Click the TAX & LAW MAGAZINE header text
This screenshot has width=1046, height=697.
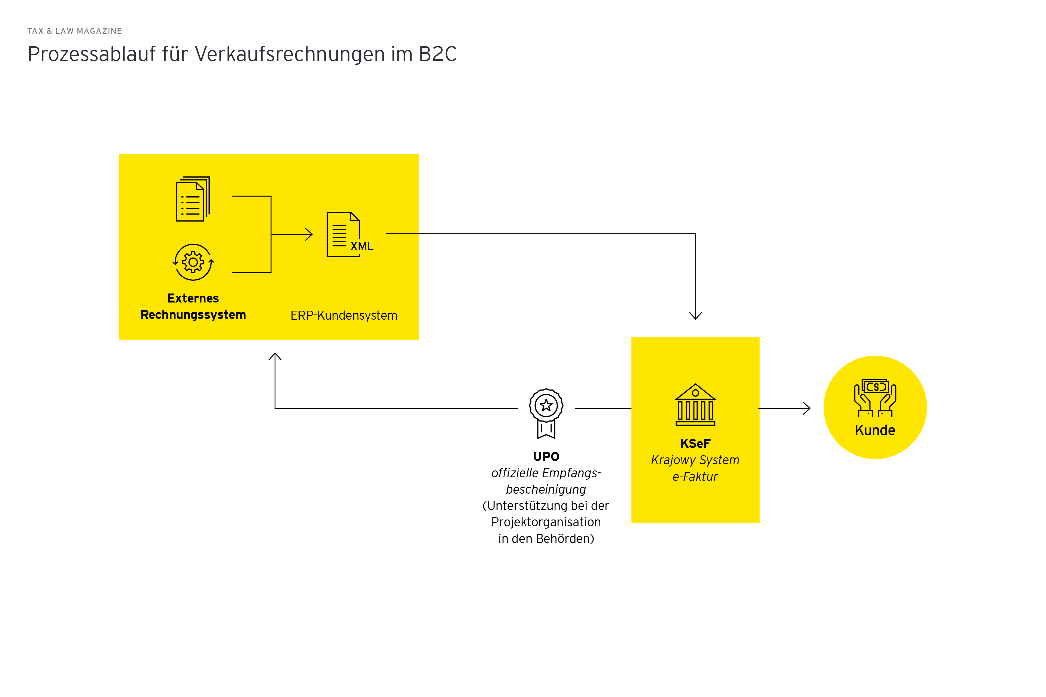tap(75, 31)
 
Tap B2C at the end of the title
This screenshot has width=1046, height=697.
tap(438, 54)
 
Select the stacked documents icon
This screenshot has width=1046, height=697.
tap(193, 199)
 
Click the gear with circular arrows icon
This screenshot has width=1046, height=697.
tap(193, 262)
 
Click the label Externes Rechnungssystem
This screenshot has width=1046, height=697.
tap(193, 306)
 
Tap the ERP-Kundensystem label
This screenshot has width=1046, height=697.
tap(344, 316)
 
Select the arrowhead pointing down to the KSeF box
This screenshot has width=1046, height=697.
tap(695, 316)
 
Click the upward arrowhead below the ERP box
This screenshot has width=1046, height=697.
tap(275, 356)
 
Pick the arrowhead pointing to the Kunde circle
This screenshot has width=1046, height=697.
tap(807, 408)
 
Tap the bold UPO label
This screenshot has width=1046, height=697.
tap(546, 457)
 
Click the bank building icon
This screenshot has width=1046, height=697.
tap(695, 405)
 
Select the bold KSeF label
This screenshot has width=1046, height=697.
tap(695, 444)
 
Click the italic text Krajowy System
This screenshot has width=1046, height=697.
tap(695, 460)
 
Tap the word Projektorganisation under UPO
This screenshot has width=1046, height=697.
tap(546, 522)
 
